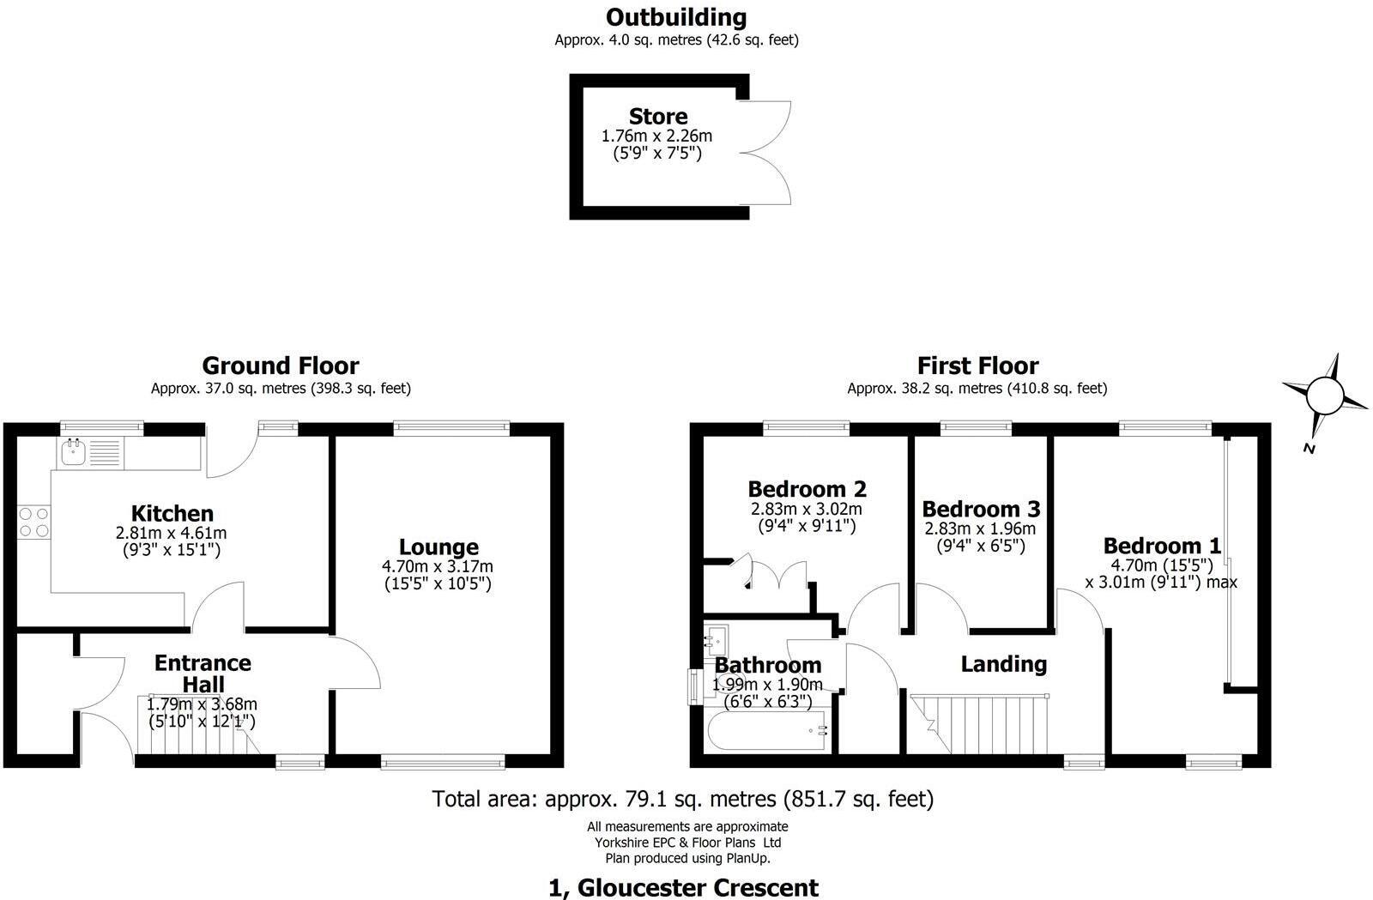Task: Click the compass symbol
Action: click(1324, 396)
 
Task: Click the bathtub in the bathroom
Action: click(767, 731)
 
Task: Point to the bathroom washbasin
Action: click(716, 639)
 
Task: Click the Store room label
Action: click(658, 117)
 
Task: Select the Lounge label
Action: click(439, 547)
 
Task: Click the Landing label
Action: click(1003, 664)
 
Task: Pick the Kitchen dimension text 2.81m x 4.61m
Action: click(172, 534)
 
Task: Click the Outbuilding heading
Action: click(676, 17)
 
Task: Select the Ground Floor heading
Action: click(281, 366)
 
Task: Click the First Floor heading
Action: click(977, 366)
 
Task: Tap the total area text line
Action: click(683, 799)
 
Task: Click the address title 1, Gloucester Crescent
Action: click(683, 887)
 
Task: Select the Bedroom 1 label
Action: click(1162, 546)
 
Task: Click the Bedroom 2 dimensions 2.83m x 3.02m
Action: click(807, 509)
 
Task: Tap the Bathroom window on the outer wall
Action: click(693, 686)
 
